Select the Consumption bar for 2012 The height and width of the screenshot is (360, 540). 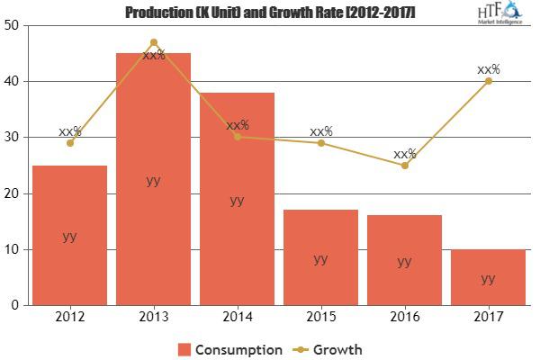coord(69,235)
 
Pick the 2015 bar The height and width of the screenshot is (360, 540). coord(320,257)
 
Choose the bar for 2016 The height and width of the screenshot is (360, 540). coord(404,260)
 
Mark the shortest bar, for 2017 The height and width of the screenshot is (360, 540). coord(488,277)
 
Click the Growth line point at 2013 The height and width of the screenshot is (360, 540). coord(153,42)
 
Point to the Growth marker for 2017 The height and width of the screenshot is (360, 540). coord(488,81)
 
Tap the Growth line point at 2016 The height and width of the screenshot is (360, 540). coord(404,166)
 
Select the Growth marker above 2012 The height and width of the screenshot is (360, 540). coord(69,143)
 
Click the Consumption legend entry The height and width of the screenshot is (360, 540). coord(229,348)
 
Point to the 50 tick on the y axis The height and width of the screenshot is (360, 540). coord(12,25)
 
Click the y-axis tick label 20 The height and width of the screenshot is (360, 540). coord(12,193)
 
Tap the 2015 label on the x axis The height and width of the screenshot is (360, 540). coord(320,317)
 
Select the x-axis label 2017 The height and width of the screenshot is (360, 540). coord(488,317)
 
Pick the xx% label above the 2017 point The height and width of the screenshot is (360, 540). coord(489,69)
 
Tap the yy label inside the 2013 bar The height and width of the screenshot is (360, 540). coord(153,180)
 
